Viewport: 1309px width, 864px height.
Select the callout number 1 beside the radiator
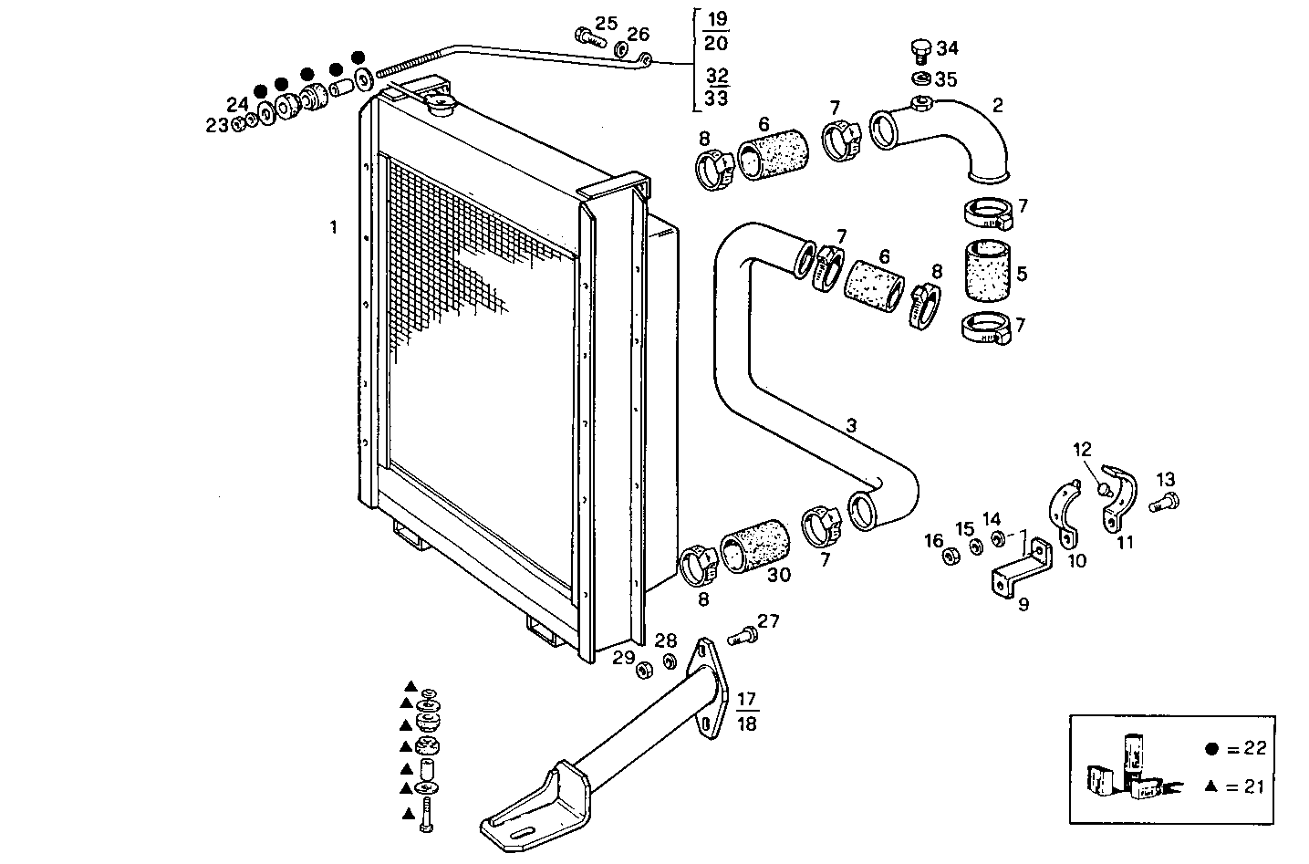pyautogui.click(x=334, y=226)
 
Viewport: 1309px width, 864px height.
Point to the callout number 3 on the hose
pyautogui.click(x=851, y=425)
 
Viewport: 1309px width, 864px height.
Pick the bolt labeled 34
pyautogui.click(x=921, y=48)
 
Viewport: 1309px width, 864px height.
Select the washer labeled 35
pyautogui.click(x=921, y=78)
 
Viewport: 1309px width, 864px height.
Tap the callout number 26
pyautogui.click(x=638, y=35)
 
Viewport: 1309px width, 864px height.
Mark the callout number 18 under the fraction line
pyautogui.click(x=745, y=723)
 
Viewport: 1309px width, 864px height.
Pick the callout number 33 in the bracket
pyautogui.click(x=717, y=99)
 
